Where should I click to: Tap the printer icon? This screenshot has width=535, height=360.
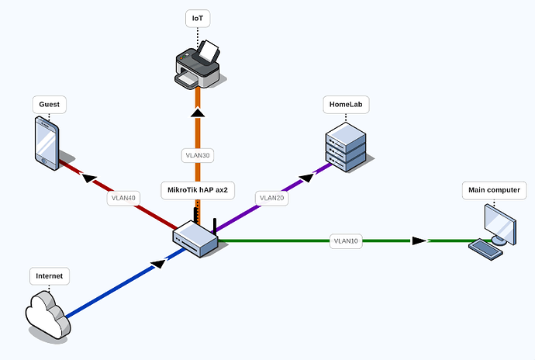point(198,65)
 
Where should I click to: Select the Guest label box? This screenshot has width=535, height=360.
point(50,104)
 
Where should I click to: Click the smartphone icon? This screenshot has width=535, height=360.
point(47,142)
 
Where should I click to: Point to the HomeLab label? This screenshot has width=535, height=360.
point(344,104)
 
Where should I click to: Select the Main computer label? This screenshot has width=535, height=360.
point(495,189)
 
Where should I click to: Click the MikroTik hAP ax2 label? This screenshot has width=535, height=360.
point(197,189)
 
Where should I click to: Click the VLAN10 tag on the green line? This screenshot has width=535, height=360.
point(346,241)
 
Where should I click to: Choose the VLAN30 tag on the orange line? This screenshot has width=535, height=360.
point(198,155)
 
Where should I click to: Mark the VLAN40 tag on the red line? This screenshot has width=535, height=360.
point(123,199)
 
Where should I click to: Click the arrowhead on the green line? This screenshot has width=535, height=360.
point(419,241)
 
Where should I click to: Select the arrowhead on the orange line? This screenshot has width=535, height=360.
point(198,113)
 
